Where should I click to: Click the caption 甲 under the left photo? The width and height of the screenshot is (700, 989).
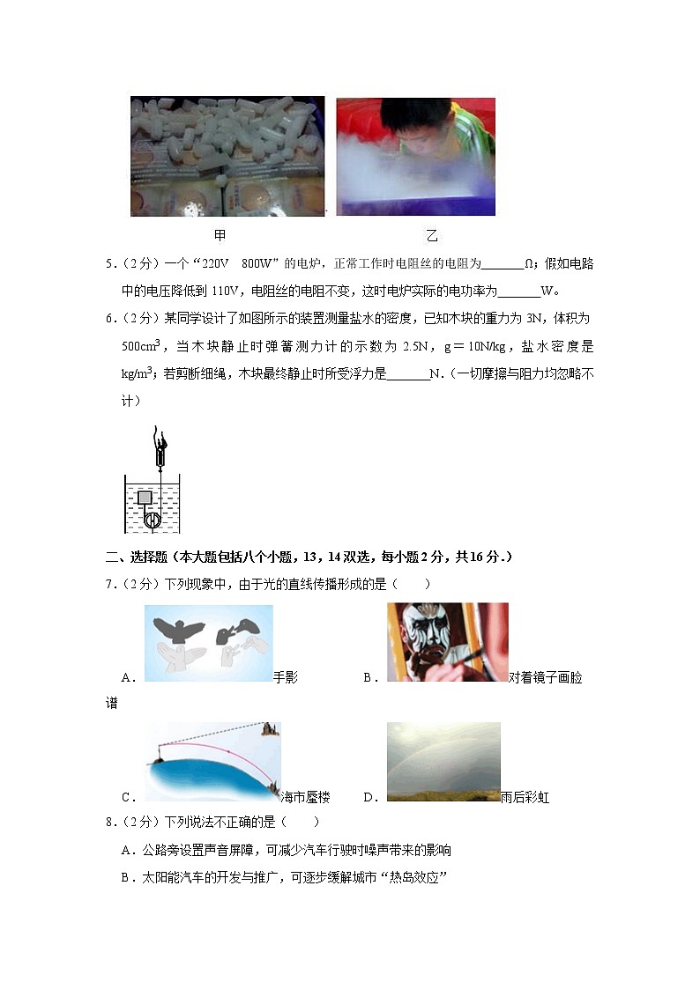tap(220, 236)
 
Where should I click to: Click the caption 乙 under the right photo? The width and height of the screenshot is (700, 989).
tap(431, 236)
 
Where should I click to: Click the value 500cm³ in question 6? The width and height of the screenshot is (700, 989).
tap(140, 346)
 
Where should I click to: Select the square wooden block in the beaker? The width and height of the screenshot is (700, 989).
tap(145, 498)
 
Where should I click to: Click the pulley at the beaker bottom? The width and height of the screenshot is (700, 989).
tap(151, 520)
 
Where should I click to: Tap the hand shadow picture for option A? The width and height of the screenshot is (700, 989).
tap(208, 643)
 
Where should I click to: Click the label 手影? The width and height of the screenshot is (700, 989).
tap(286, 677)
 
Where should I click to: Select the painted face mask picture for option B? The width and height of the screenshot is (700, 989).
tap(447, 642)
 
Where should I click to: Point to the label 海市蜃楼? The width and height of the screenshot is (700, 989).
tap(305, 797)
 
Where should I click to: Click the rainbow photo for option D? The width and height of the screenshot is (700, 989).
tap(443, 761)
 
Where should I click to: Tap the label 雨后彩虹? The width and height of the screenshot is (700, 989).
tap(525, 797)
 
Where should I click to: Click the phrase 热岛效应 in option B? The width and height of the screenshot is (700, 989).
tap(413, 876)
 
